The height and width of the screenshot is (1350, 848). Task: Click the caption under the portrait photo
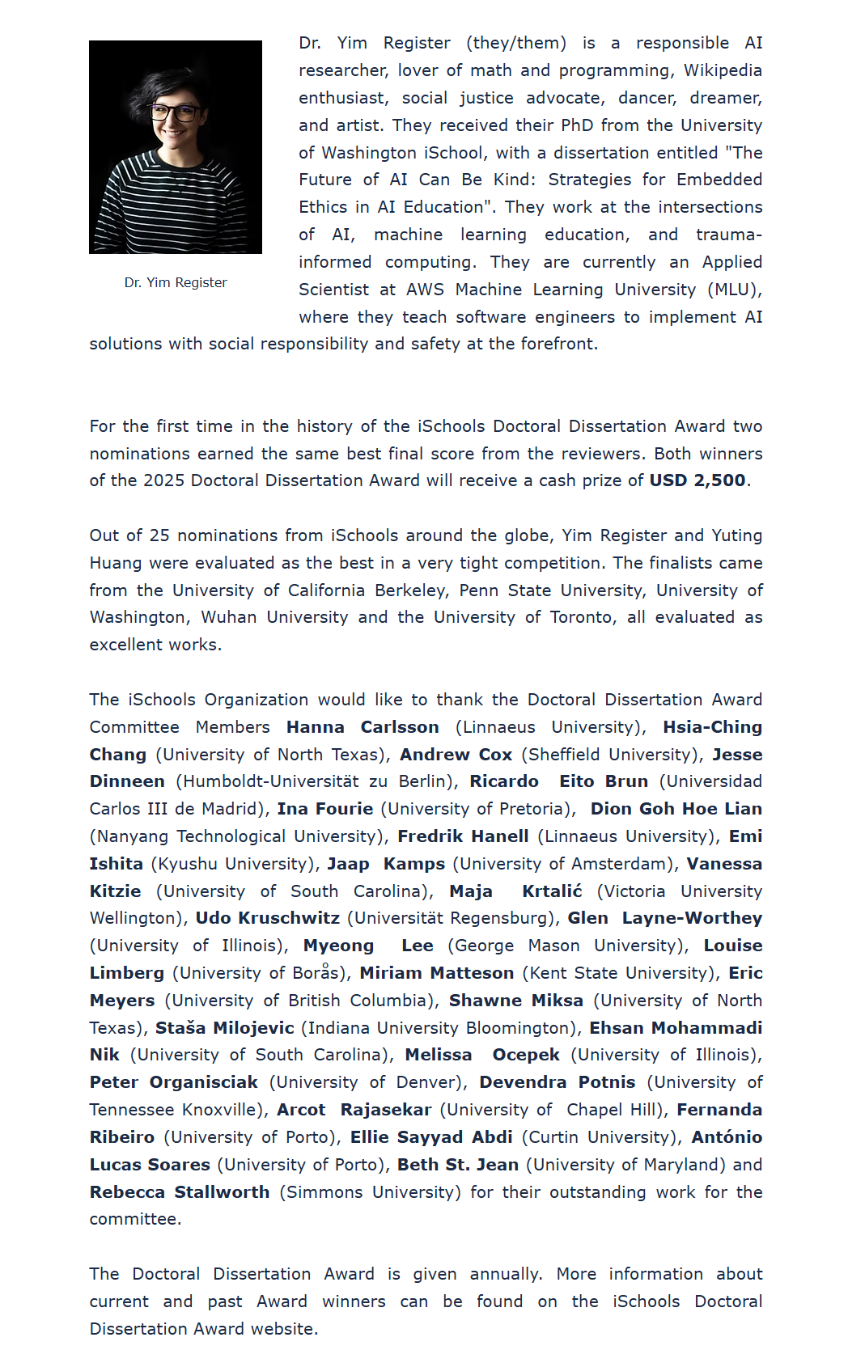pos(176,282)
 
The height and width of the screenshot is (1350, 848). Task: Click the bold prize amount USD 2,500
pos(697,480)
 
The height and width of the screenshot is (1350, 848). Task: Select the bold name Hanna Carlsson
pos(363,727)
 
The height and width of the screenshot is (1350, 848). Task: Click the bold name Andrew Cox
pos(456,755)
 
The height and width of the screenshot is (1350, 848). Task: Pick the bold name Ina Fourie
pos(325,809)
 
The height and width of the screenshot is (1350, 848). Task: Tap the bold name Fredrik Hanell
pos(463,836)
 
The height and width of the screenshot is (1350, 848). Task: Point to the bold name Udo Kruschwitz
pos(268,918)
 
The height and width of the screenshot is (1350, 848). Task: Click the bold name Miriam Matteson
pos(437,973)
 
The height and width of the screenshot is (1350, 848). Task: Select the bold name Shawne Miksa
pos(516,1001)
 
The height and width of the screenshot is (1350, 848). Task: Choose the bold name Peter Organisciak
pos(174,1082)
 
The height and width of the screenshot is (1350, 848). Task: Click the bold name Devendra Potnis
pos(558,1082)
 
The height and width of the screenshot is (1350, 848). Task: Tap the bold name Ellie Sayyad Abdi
pos(431,1137)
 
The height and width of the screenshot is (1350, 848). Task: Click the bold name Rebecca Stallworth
pos(180,1192)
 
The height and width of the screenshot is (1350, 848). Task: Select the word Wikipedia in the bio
pos(723,70)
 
